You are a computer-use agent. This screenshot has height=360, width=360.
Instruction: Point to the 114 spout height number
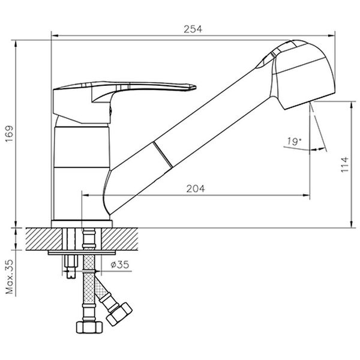click(344, 164)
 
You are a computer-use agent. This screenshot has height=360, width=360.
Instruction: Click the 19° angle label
click(293, 142)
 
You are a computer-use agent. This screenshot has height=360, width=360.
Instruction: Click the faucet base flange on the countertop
click(82, 224)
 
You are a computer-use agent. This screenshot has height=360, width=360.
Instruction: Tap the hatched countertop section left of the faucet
click(39, 239)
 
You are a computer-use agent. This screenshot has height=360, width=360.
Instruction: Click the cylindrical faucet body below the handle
click(82, 168)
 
